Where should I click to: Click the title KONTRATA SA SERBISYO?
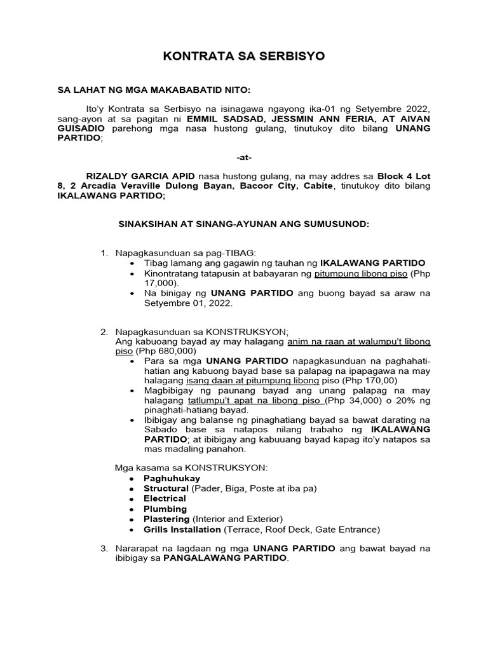click(244, 56)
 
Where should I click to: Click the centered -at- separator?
click(244, 157)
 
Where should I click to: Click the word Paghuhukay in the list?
click(172, 478)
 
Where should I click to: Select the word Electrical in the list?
click(165, 498)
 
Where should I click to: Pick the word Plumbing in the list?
click(165, 509)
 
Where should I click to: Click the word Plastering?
click(166, 519)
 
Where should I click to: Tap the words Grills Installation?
click(182, 529)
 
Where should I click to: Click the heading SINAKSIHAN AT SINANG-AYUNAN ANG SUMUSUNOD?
click(244, 224)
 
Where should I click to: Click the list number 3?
click(104, 548)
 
